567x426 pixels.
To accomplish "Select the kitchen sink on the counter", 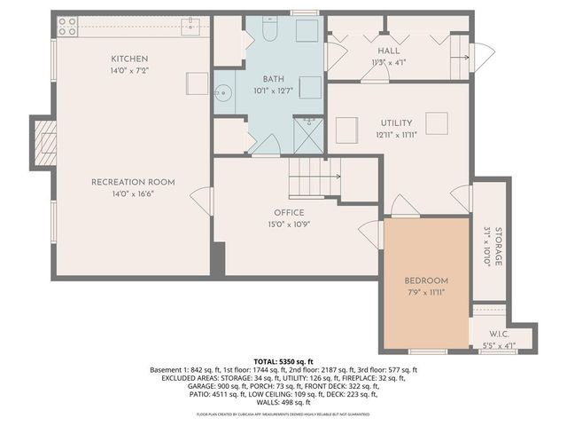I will (x=189, y=28).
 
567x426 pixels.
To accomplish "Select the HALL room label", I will (x=389, y=51).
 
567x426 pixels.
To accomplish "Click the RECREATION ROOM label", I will (x=133, y=182).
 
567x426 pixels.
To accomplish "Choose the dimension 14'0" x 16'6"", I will (x=133, y=193).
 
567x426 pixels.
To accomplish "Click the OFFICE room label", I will (x=289, y=212).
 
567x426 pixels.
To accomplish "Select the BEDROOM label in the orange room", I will (x=426, y=280).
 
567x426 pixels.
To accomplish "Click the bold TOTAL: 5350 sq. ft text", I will (x=283, y=362).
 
